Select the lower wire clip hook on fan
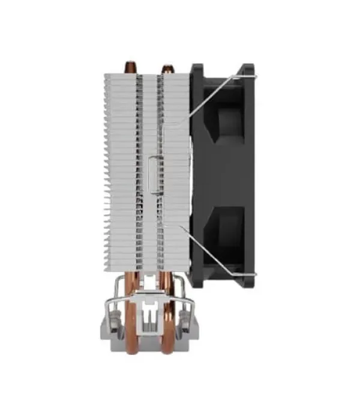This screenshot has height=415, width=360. tap(251, 274)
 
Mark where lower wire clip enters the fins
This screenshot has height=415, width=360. tap(180, 226)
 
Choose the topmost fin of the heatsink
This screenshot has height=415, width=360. tap(143, 76)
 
